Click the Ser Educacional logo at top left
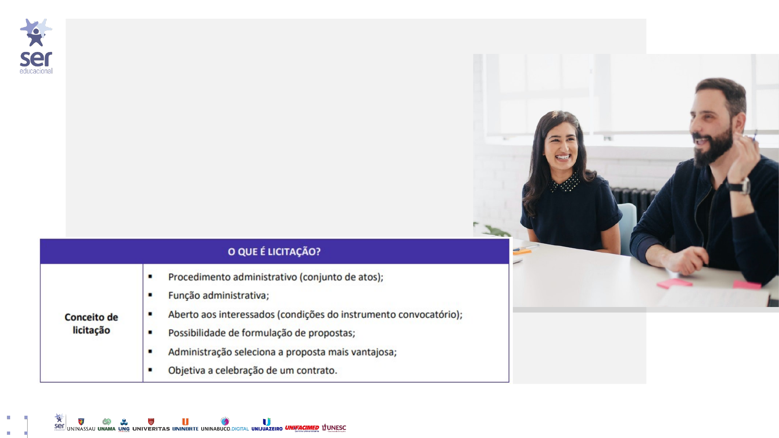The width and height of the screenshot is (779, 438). (36, 46)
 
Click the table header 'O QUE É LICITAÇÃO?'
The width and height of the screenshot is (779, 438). (274, 252)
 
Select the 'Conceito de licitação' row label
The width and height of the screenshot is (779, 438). (91, 324)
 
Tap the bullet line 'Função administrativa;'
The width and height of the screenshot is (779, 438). (219, 295)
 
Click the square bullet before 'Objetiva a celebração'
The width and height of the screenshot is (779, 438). (150, 370)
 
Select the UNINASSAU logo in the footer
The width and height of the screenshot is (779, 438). (81, 425)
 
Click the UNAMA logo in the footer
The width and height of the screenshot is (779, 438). (107, 425)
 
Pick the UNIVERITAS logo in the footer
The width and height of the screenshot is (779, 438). (151, 425)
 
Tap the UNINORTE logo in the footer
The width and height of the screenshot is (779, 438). (185, 425)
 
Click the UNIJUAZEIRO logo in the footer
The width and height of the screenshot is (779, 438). (267, 425)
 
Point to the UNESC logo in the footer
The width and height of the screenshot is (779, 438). (334, 428)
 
